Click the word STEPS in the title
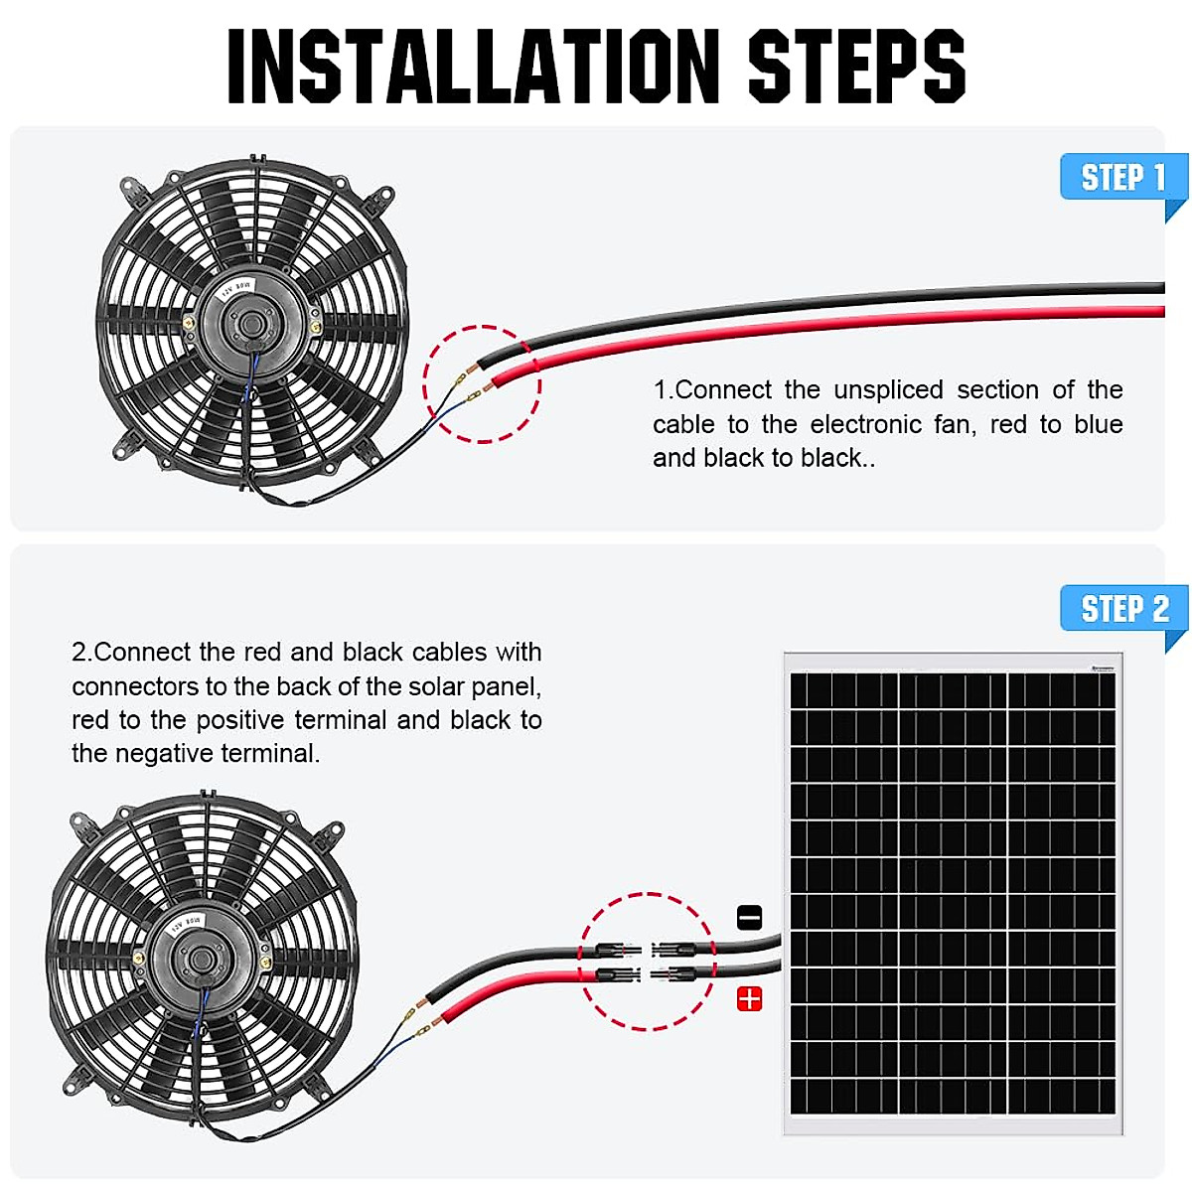[855, 67]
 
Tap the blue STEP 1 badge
[1122, 178]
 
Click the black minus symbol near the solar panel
[750, 917]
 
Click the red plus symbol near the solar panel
[749, 999]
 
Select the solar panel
[954, 894]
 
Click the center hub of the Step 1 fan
[250, 323]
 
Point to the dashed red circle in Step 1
[483, 383]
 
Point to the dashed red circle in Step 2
[647, 962]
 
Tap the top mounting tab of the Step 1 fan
[257, 159]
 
